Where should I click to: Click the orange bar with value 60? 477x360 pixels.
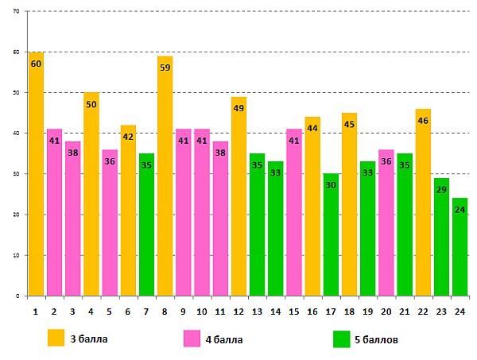36,175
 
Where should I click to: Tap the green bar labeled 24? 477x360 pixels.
460,246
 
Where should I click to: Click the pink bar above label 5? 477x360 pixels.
110,223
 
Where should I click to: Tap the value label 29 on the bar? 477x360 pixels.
441,191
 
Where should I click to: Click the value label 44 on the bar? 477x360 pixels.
312,129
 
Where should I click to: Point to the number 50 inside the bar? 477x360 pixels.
91,105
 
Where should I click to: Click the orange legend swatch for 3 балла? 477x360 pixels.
56,338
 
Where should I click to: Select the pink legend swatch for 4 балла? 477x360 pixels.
192,339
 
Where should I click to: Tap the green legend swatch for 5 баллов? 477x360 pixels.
342,339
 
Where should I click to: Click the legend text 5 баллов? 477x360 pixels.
376,339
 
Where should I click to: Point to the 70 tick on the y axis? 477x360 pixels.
17,12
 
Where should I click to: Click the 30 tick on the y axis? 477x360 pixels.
17,174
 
